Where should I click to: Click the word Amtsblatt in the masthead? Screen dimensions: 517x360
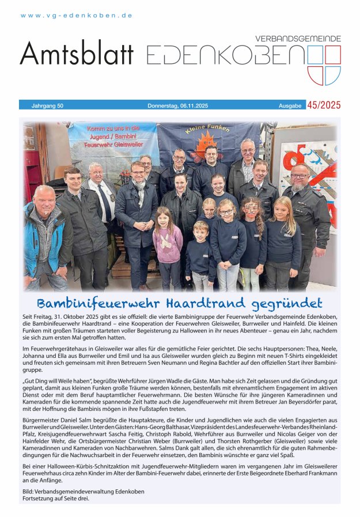(x=77, y=54)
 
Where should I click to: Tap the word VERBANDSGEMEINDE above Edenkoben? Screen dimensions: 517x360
(x=298, y=39)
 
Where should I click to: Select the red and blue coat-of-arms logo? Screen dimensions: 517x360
(x=324, y=65)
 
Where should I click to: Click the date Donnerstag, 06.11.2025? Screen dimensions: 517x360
(x=177, y=105)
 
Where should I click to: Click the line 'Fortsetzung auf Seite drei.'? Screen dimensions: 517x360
(x=56, y=498)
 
